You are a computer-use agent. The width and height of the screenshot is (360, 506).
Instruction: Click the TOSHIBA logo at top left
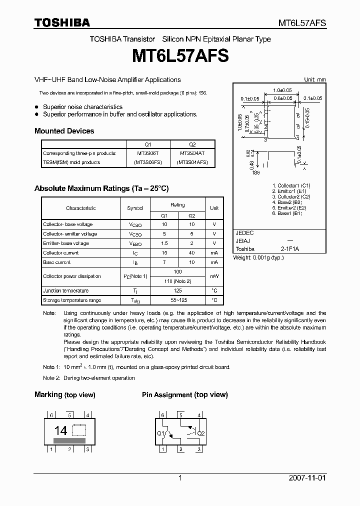[62, 22]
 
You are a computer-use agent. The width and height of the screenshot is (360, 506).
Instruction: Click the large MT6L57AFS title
[180, 56]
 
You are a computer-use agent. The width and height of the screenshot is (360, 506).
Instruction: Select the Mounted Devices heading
[64, 131]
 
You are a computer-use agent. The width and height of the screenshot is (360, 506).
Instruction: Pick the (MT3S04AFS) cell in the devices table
[192, 162]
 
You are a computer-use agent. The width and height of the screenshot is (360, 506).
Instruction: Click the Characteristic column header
[80, 208]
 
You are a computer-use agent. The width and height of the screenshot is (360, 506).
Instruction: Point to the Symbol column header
[135, 208]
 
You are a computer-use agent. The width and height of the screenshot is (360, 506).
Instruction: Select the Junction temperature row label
[65, 290]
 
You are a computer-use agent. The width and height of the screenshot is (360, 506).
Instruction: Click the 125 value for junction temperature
[177, 290]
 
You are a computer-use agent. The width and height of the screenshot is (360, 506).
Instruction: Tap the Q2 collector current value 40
[192, 253]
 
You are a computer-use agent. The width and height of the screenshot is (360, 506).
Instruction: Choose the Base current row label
[56, 262]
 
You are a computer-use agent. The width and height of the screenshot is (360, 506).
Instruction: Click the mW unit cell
[214, 276]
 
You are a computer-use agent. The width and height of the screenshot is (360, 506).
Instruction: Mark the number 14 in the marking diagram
[60, 430]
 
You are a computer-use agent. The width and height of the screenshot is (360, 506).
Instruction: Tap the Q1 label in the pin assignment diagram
[161, 433]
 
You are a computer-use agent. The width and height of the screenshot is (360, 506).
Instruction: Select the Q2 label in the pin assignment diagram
[201, 433]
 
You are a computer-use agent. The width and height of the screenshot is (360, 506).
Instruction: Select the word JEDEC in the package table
[245, 233]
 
